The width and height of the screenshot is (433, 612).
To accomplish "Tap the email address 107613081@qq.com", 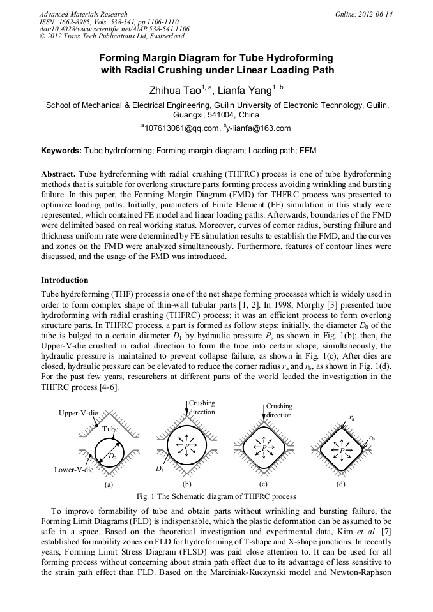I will pos(183,128).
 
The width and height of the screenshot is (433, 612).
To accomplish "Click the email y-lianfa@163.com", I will pos(259,128).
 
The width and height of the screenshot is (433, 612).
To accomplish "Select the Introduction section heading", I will pos(65,280).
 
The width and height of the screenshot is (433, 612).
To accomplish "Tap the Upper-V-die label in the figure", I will pos(78,414).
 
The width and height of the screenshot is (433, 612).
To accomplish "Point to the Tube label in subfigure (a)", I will pos(110,429).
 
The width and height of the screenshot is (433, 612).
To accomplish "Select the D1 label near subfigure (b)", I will pos(160,470).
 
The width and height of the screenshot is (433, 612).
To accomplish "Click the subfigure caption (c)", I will pos(263,484).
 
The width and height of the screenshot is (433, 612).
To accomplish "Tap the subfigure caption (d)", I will pos(341,484).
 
